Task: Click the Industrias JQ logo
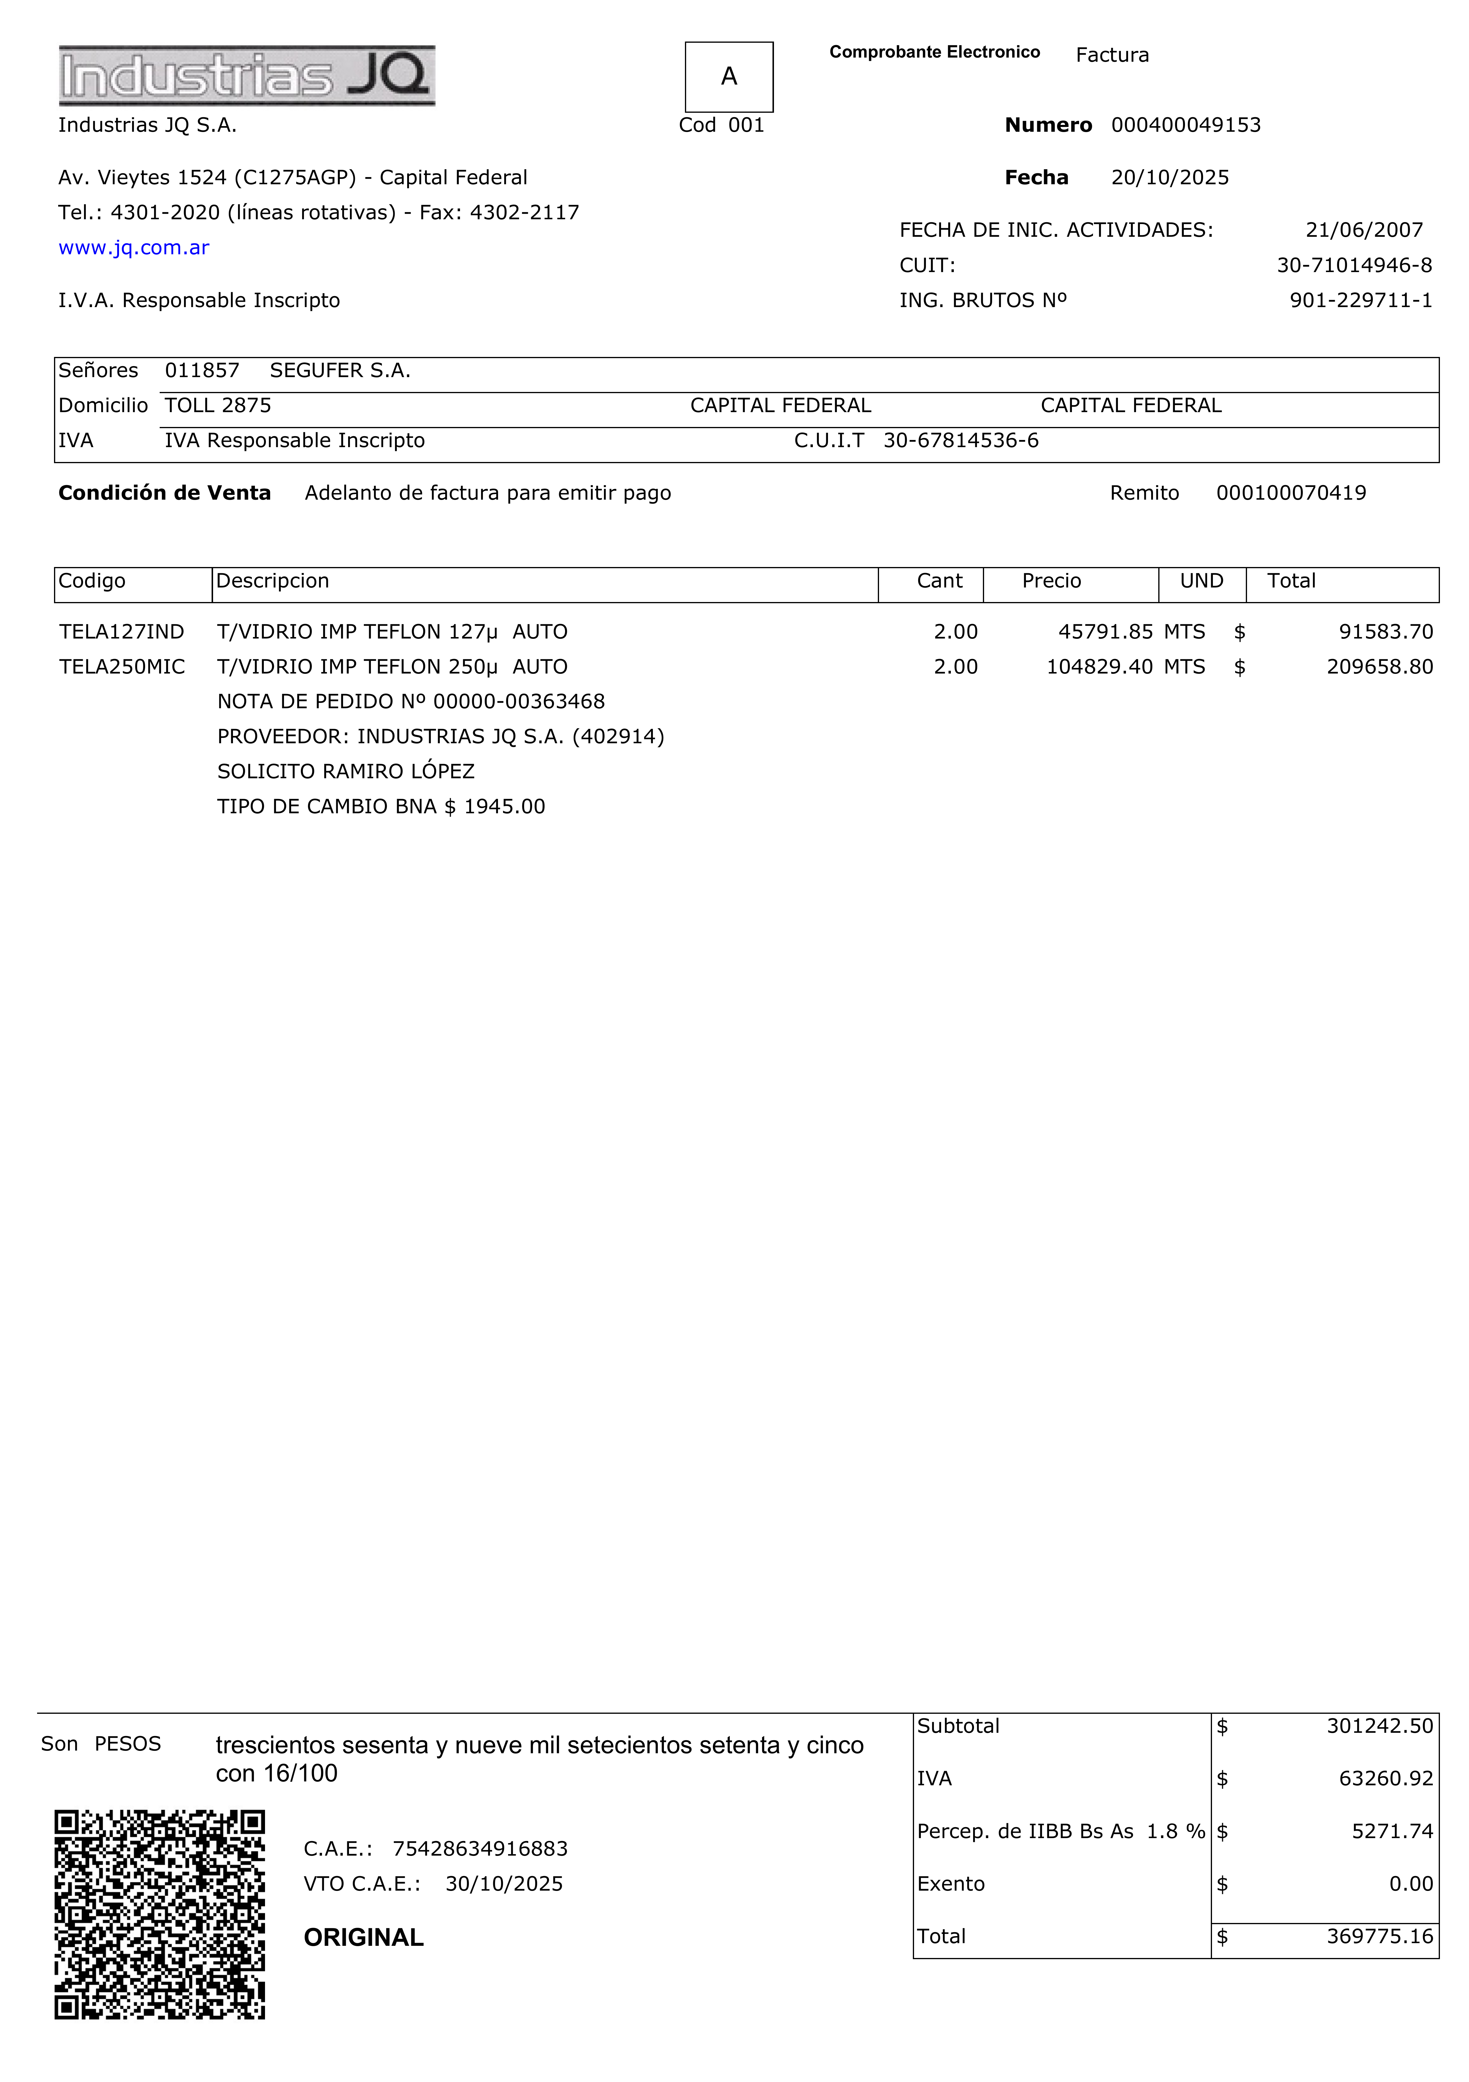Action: (x=247, y=75)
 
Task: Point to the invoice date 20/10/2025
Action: (x=1170, y=178)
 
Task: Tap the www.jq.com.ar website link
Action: (x=134, y=247)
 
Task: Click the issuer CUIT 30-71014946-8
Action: (x=1354, y=266)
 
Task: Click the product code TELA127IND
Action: (x=121, y=632)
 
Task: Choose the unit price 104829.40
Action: (x=1099, y=667)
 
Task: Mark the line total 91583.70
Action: (x=1386, y=632)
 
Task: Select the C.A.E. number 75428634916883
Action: (x=480, y=1849)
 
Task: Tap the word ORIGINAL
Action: (x=364, y=1938)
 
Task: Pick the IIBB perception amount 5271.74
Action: (x=1392, y=1832)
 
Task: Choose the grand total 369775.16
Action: (x=1379, y=1937)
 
